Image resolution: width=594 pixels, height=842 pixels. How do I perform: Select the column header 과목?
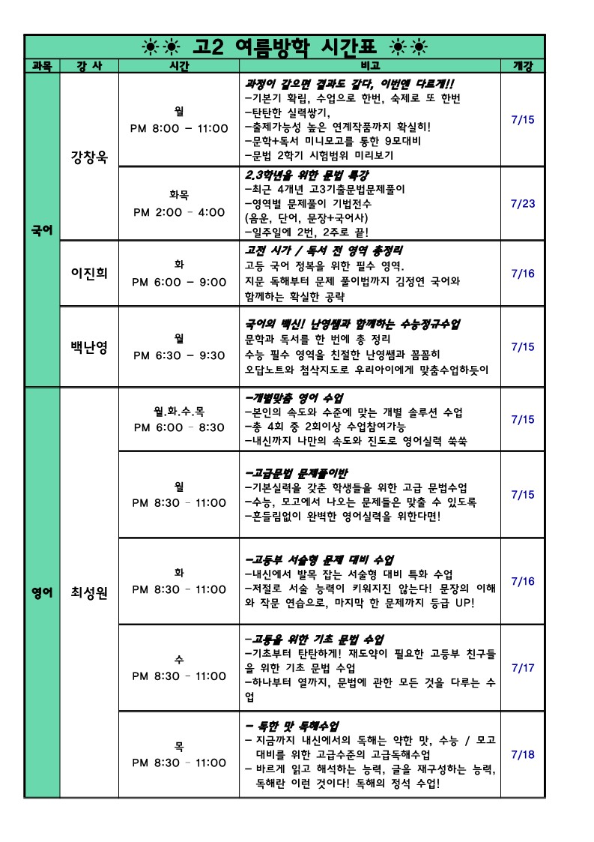(42, 66)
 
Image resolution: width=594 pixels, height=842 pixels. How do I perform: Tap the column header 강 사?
(88, 66)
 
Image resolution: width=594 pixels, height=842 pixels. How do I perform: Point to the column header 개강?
(522, 66)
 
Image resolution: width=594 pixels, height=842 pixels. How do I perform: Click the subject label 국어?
(42, 230)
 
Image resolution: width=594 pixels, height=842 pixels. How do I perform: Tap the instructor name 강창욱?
(88, 158)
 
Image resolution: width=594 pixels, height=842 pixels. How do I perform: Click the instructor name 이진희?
(88, 273)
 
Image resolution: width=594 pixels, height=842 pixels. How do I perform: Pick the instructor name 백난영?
(88, 347)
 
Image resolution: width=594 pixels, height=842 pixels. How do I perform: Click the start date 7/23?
(522, 203)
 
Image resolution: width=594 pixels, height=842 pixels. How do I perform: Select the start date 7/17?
(522, 667)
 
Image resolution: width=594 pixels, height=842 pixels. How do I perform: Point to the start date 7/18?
(522, 754)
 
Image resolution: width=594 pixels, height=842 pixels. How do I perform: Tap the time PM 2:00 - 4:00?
(178, 212)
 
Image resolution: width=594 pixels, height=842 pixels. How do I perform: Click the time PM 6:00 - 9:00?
(178, 282)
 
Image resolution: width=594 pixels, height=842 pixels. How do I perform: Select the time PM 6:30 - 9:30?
(178, 355)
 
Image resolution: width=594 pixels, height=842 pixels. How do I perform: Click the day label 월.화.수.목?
(178, 411)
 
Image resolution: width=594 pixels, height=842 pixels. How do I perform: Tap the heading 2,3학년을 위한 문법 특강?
(307, 175)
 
